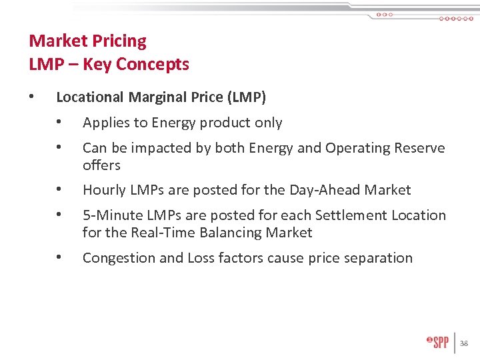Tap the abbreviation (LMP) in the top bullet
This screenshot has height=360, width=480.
click(x=246, y=97)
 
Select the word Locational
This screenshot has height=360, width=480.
click(x=90, y=97)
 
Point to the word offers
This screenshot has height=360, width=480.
click(x=101, y=165)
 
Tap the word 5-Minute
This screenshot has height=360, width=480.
click(x=110, y=215)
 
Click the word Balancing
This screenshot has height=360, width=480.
click(x=226, y=233)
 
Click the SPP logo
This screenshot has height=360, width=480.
click(x=438, y=343)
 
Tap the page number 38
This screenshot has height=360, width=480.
click(x=464, y=344)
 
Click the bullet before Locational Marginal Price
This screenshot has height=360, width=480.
click(x=31, y=97)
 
